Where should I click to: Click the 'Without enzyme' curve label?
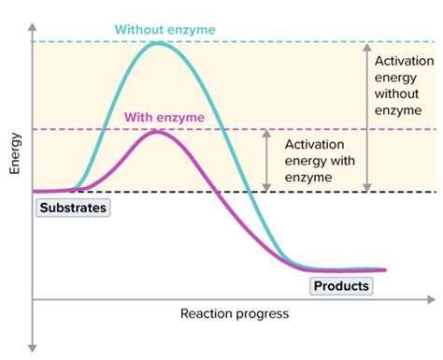[x=164, y=29]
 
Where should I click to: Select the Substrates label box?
[x=72, y=208]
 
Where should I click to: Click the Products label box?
[x=341, y=286]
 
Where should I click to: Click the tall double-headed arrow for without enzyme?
[x=366, y=117]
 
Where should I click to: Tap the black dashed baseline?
[x=327, y=193]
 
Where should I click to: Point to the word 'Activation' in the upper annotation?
[x=403, y=61]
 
